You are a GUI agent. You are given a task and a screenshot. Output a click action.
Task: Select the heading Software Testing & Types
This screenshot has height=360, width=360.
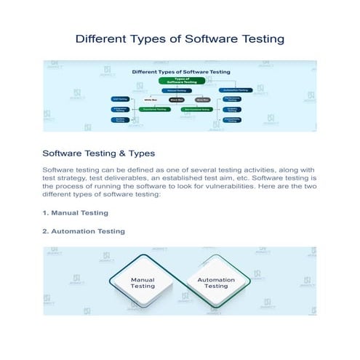click(98, 153)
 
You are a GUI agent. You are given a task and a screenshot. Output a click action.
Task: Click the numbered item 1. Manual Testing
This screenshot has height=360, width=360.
click(76, 213)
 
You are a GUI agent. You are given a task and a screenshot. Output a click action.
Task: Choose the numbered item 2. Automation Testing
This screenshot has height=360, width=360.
click(84, 231)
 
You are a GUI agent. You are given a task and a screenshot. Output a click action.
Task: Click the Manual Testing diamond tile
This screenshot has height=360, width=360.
click(143, 282)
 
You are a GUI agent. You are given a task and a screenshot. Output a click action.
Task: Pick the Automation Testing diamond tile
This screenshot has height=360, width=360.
click(216, 282)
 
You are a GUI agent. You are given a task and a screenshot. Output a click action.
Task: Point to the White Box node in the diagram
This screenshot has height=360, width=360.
click(151, 100)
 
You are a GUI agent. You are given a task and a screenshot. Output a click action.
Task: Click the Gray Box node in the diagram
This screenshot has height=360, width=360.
click(204, 100)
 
